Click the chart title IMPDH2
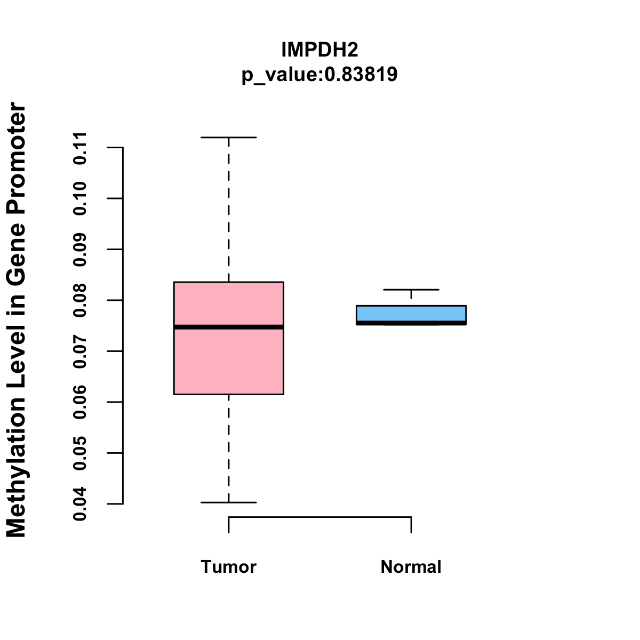tap(319, 50)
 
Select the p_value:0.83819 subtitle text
tap(319, 75)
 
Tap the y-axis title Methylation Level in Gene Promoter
tap(17, 320)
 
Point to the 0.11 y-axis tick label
tap(80, 147)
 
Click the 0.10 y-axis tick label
tap(80, 198)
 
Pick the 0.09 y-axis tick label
tap(80, 249)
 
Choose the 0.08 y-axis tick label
tap(80, 300)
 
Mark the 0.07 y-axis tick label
tap(80, 351)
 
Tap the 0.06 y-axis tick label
tap(80, 402)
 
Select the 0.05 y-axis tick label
tap(80, 453)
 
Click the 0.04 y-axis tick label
tap(80, 503)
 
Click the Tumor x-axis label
tap(229, 567)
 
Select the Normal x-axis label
tap(411, 567)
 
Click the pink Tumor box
tap(229, 363)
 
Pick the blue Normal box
tap(411, 313)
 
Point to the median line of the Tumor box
tap(229, 327)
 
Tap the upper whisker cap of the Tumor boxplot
tap(229, 138)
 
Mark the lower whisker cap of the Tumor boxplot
tap(229, 502)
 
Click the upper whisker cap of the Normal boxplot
tap(411, 290)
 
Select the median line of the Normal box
tap(411, 323)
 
